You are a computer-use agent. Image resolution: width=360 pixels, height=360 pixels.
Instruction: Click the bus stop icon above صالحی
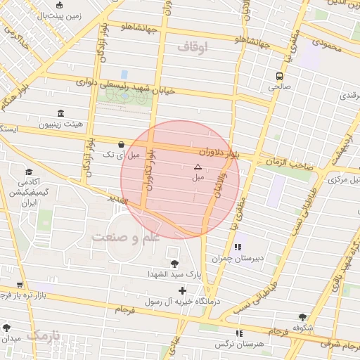(280, 76)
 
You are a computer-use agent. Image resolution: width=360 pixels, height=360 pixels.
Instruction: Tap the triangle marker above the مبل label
(197, 167)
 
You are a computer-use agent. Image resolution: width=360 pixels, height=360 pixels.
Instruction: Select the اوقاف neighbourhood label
(194, 48)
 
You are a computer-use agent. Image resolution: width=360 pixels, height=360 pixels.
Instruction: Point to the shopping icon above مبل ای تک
(122, 143)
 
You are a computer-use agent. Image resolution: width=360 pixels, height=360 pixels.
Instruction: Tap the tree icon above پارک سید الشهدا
(174, 263)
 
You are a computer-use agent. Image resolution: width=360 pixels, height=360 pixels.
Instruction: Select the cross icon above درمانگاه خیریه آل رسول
(182, 290)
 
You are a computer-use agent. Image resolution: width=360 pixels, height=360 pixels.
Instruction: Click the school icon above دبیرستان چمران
(238, 247)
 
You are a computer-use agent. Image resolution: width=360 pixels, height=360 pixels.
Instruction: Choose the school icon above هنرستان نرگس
(240, 333)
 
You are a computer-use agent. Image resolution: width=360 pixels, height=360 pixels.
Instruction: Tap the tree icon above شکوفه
(303, 317)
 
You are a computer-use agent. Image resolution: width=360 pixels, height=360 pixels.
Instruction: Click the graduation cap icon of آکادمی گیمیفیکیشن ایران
(29, 172)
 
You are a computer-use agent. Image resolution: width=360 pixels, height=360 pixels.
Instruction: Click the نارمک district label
(43, 335)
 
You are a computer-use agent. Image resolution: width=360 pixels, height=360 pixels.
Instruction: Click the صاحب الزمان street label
(289, 163)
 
